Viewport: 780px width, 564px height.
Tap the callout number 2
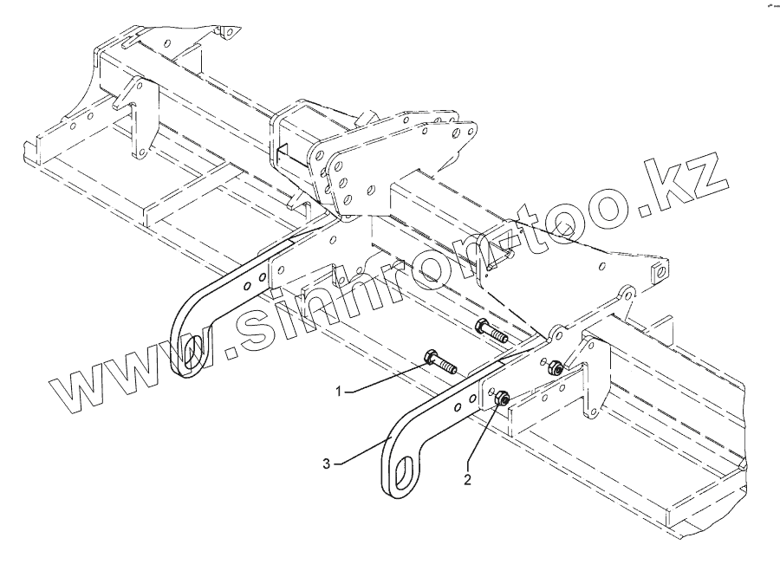[x=468, y=478]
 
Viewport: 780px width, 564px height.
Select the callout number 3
[x=327, y=464]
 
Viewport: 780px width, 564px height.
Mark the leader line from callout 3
[x=360, y=452]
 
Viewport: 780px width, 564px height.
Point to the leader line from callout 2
[x=483, y=438]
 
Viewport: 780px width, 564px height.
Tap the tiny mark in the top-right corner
[x=766, y=7]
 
